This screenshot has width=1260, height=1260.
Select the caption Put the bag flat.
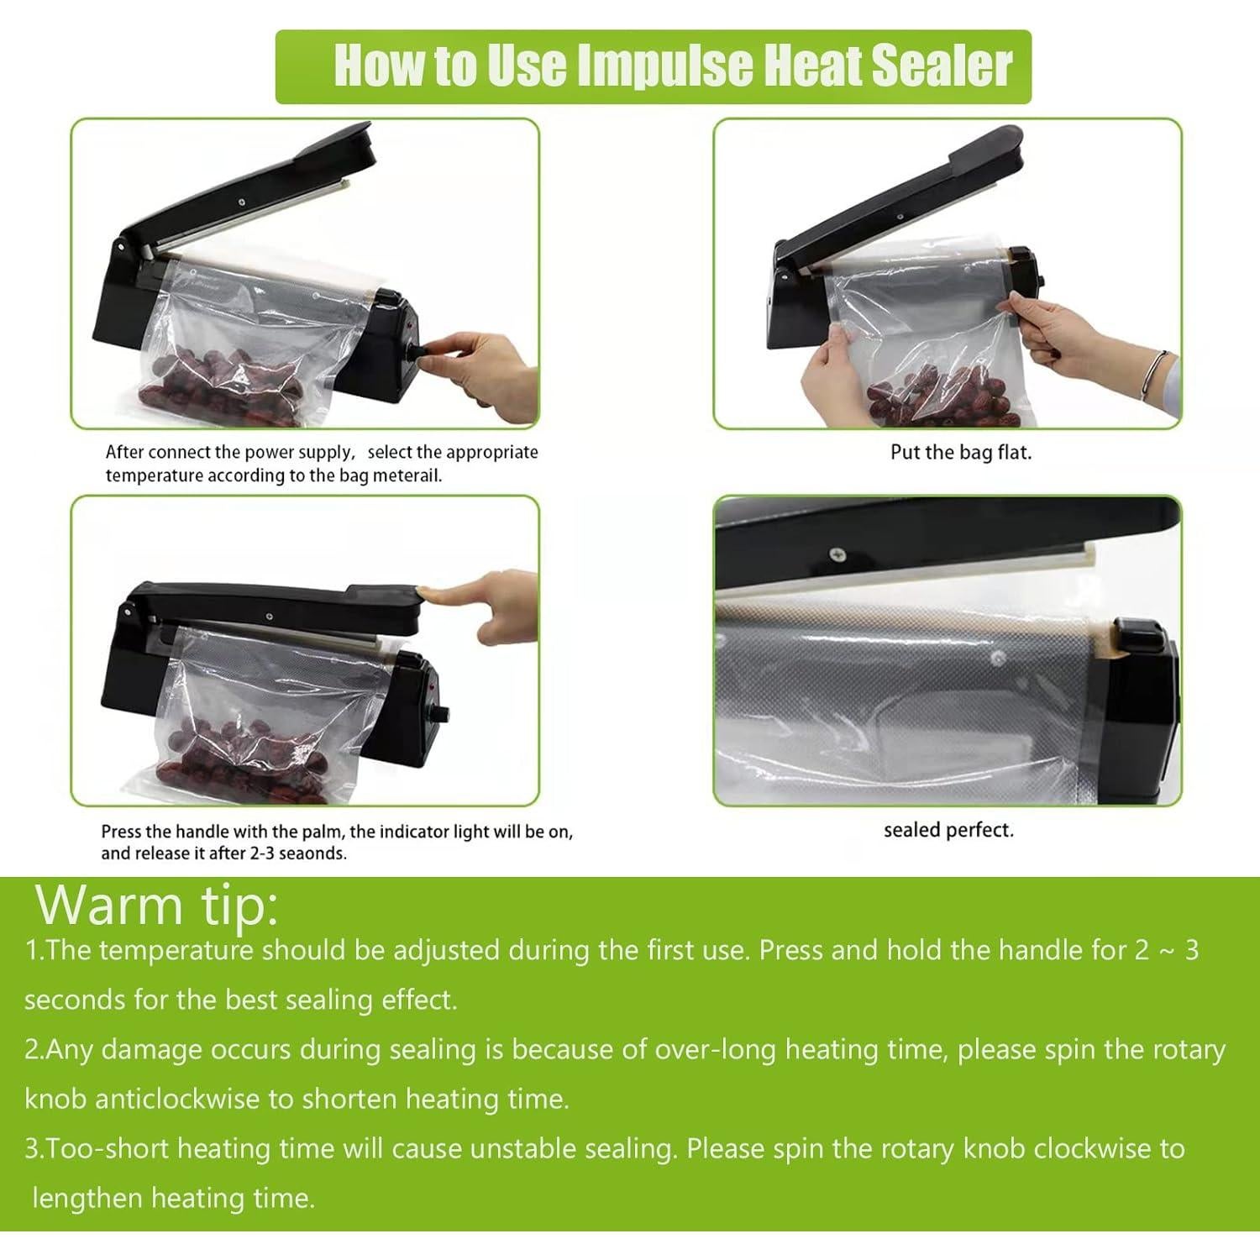(x=960, y=452)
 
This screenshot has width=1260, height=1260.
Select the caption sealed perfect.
(x=948, y=830)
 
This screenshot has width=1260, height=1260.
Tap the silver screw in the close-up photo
(x=838, y=554)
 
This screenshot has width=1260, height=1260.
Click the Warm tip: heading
(x=157, y=904)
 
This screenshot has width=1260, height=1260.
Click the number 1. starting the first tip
(x=34, y=951)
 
